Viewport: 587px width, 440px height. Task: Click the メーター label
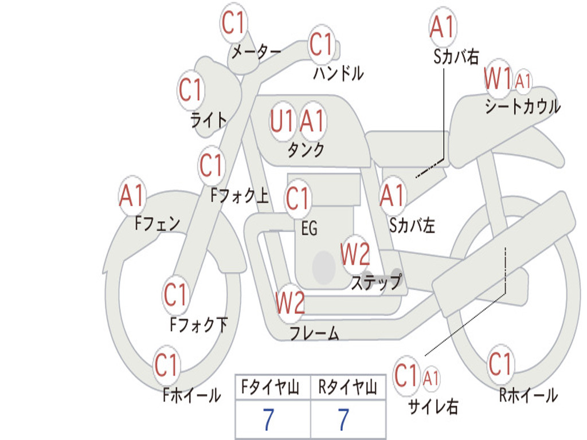(256, 52)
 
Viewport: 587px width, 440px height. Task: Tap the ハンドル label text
(338, 73)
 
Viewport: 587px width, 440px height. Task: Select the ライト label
(209, 120)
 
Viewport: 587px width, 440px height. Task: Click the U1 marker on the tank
(281, 121)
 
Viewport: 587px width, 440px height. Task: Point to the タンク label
(306, 150)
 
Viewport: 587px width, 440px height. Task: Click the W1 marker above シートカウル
(498, 78)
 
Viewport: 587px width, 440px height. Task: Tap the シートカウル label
(523, 107)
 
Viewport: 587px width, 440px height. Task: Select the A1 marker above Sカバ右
(443, 27)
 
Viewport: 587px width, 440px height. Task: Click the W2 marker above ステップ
(355, 254)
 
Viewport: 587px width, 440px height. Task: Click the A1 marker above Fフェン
(132, 195)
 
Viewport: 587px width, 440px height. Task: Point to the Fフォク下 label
(199, 324)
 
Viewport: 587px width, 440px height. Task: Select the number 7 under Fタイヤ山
(268, 419)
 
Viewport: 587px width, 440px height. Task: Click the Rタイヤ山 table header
(348, 387)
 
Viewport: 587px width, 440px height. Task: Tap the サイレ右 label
(433, 406)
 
